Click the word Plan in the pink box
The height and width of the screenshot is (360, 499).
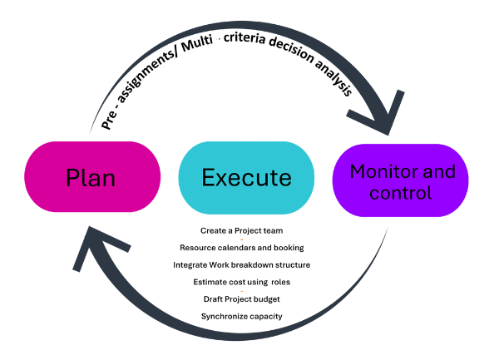[x=91, y=178]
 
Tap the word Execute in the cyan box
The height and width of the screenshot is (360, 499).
[x=246, y=178]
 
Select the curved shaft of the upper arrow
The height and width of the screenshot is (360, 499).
[x=249, y=31]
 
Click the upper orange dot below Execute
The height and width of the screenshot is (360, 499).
[x=241, y=239]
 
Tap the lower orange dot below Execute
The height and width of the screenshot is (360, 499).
[x=241, y=291]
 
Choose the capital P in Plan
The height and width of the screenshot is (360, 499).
[x=72, y=178]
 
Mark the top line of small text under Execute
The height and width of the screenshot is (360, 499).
[x=241, y=229]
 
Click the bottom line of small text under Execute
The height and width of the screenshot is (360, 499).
[x=241, y=317]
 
